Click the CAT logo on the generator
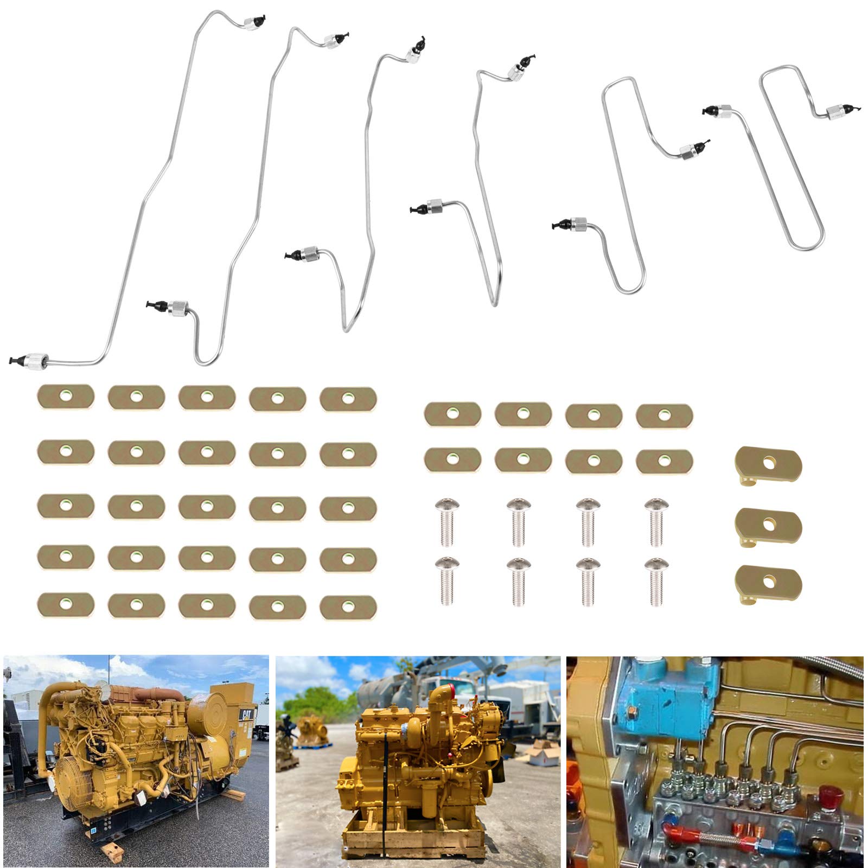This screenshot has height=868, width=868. click(x=246, y=714)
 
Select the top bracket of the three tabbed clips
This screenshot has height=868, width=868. click(x=768, y=464)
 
